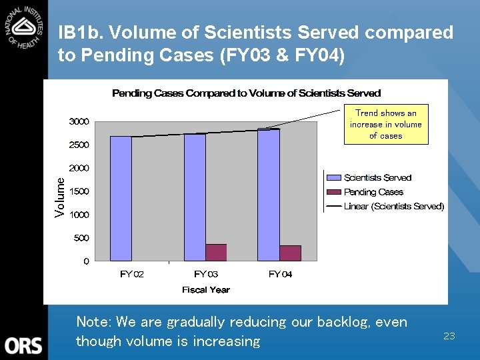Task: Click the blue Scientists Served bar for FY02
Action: click(x=121, y=198)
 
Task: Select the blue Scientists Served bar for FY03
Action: click(x=195, y=197)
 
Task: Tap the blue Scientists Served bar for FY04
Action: click(x=269, y=195)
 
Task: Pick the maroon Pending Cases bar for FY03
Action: click(x=216, y=252)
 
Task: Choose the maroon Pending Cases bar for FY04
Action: click(x=290, y=253)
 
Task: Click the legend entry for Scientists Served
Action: click(x=377, y=178)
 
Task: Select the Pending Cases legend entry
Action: click(x=373, y=192)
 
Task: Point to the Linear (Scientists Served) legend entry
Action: click(x=393, y=206)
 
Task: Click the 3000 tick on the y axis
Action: click(x=79, y=121)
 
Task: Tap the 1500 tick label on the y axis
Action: click(x=79, y=191)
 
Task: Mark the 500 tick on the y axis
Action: click(x=81, y=238)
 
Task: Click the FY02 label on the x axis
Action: click(x=132, y=274)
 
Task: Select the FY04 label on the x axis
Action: click(x=280, y=274)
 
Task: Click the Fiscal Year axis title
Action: click(x=205, y=289)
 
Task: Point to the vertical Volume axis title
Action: click(x=61, y=197)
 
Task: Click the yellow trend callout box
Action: click(x=386, y=124)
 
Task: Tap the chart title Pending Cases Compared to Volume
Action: click(x=246, y=93)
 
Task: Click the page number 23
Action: click(x=449, y=336)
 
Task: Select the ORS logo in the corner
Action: click(x=23, y=345)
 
